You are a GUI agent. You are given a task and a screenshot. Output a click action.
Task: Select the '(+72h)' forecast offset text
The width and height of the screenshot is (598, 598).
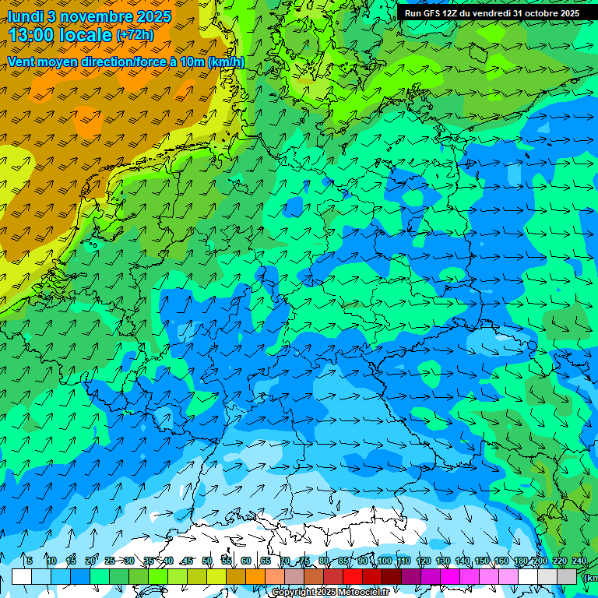[x=135, y=35]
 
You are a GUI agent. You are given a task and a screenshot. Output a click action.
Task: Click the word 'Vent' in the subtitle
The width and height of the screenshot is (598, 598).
[x=23, y=62]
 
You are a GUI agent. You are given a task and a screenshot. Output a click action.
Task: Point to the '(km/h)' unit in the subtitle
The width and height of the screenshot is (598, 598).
[x=226, y=62]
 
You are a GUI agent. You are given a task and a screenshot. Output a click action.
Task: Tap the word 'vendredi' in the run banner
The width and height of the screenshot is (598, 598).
[x=491, y=13]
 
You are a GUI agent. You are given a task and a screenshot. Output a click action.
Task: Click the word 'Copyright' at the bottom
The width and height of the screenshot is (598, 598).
[x=294, y=593]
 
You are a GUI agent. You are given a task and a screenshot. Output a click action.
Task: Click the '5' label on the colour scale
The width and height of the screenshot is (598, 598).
[x=30, y=561]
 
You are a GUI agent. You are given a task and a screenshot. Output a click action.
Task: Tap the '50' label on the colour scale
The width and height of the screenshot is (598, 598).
[x=207, y=561]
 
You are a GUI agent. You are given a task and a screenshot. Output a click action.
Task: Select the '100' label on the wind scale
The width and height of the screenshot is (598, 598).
[x=384, y=561]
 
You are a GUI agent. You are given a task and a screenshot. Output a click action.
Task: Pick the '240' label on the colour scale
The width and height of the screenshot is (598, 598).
[x=579, y=561]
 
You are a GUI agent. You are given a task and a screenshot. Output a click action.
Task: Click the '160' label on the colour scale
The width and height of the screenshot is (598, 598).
[x=501, y=561]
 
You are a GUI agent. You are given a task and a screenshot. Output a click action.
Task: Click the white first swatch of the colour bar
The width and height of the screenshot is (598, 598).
[x=22, y=576]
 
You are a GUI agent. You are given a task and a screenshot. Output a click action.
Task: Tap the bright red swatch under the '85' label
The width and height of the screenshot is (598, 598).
[x=353, y=576]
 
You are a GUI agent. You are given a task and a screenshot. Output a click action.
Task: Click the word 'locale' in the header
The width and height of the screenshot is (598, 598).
[x=88, y=35]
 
